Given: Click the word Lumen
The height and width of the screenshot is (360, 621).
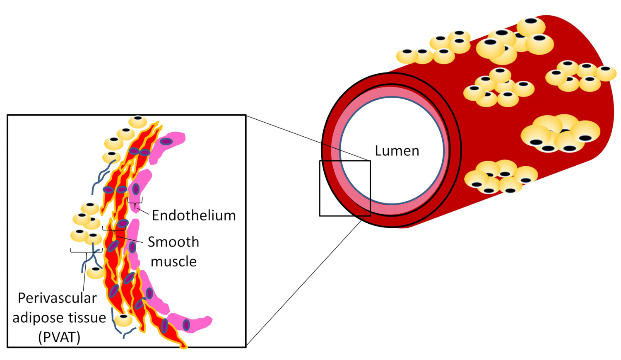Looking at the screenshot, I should (397, 151).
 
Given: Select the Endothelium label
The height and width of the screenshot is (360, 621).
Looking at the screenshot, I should (193, 215).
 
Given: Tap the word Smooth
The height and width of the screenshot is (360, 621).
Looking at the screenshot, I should (173, 242).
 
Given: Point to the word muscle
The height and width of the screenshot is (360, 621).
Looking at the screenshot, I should (173, 261).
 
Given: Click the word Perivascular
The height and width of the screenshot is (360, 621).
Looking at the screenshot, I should (57, 298).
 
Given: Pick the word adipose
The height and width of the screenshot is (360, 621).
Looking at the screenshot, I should (38, 318).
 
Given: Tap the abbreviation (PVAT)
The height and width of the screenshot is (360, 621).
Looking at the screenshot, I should (59, 337).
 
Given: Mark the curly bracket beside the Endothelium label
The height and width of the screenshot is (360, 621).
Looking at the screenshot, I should (135, 203).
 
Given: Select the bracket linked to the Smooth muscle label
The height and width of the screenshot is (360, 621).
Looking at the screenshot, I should (114, 230).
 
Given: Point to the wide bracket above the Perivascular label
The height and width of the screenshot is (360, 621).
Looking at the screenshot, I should (86, 251).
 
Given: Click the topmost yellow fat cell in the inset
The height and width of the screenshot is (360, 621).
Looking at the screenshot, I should (137, 122).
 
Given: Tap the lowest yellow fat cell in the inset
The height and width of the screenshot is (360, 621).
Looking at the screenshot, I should (123, 320).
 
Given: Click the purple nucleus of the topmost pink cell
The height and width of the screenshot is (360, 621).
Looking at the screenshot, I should (166, 142).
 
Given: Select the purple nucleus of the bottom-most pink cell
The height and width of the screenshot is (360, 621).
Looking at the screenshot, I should (186, 325).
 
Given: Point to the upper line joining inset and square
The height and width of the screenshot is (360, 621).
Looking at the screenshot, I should (308, 138).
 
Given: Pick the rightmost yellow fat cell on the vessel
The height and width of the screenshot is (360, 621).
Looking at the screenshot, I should (606, 73).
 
